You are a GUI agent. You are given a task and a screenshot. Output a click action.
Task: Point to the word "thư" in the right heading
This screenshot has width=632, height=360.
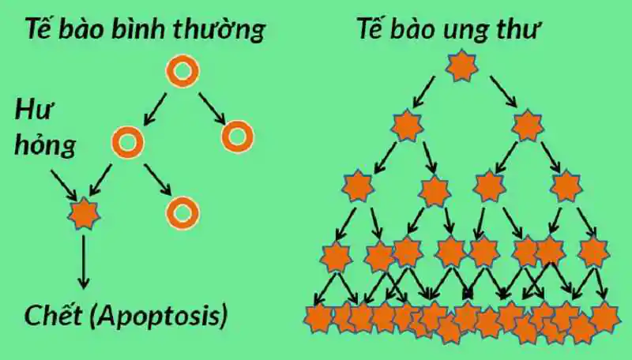(x=524, y=32)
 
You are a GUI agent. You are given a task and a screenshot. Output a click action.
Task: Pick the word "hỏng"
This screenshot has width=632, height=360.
(x=40, y=146)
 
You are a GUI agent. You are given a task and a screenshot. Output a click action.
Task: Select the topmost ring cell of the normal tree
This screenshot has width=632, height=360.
(x=182, y=72)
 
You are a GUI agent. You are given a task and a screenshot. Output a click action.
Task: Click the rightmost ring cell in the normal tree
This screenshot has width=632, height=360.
(x=237, y=137)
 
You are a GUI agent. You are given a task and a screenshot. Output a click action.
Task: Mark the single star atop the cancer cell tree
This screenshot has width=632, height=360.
(x=461, y=67)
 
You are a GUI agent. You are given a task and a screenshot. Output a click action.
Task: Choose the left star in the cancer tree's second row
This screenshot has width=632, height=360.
(x=407, y=126)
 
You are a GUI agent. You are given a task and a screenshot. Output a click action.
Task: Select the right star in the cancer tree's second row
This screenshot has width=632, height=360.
(x=527, y=125)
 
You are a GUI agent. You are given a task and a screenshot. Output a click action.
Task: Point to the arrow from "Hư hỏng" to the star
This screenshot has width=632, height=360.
(x=63, y=184)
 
